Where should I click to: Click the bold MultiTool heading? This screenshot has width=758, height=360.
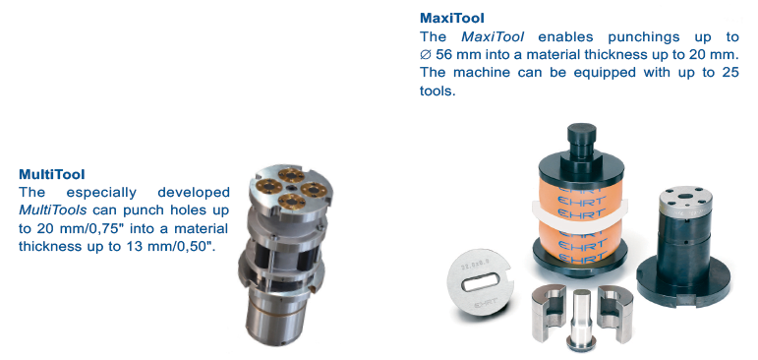[x=52, y=174]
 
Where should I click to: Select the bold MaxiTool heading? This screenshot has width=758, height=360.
[x=452, y=19]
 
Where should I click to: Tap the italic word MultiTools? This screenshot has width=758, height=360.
[x=53, y=210]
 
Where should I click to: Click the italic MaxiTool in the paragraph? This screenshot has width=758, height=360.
[x=493, y=36]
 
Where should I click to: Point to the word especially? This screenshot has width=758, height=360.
[x=101, y=193]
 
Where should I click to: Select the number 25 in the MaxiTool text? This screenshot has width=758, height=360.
[x=730, y=73]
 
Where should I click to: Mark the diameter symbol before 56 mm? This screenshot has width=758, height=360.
[x=426, y=55]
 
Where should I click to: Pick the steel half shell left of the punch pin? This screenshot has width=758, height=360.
[x=549, y=312]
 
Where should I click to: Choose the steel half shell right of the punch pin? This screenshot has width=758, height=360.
[x=615, y=306]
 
